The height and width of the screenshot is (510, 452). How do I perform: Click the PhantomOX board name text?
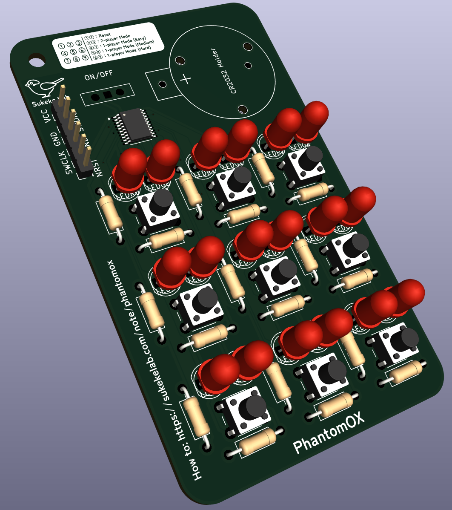pos(329,433)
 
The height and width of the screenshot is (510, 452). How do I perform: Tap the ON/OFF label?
pos(99,76)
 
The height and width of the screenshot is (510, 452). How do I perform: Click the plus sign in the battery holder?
pos(186,79)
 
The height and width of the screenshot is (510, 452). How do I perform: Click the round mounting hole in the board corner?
pos(37,60)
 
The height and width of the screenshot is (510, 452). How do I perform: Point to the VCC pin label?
pos(46,115)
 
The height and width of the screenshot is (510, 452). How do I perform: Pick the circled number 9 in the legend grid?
pos(85,58)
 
